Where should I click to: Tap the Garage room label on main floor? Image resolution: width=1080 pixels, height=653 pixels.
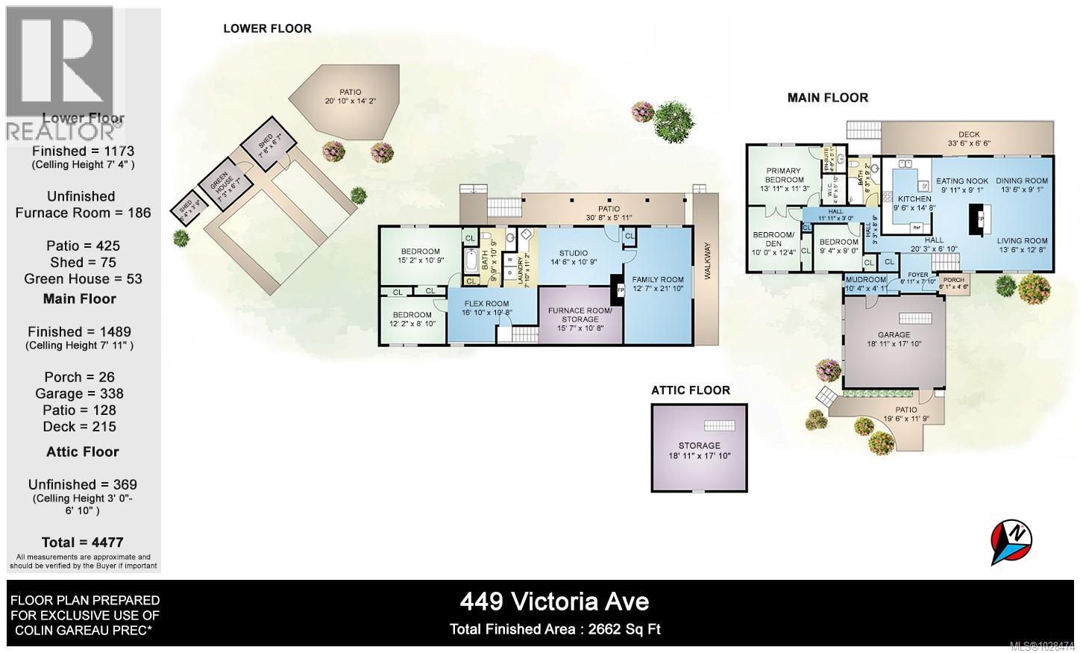[894, 335]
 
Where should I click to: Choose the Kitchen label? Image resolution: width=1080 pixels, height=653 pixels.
[914, 199]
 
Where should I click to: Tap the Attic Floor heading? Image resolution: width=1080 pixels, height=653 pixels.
[690, 390]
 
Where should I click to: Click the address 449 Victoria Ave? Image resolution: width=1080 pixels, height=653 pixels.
[554, 602]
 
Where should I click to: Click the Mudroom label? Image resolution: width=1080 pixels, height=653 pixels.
[865, 280]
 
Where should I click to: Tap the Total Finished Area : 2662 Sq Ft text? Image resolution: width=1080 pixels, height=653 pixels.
[555, 629]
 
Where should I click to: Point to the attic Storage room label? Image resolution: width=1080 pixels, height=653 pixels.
[699, 446]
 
